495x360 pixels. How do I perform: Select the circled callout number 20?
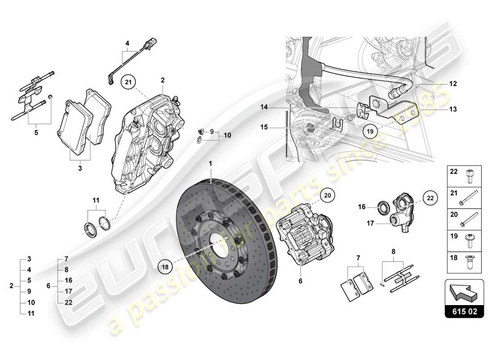(x=327, y=195)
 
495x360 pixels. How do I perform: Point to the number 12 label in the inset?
(x=453, y=84)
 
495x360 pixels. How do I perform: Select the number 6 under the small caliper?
(x=301, y=281)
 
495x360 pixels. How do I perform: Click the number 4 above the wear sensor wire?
(x=127, y=44)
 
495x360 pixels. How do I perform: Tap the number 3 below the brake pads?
(x=79, y=168)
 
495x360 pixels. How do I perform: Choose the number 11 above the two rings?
(x=97, y=199)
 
